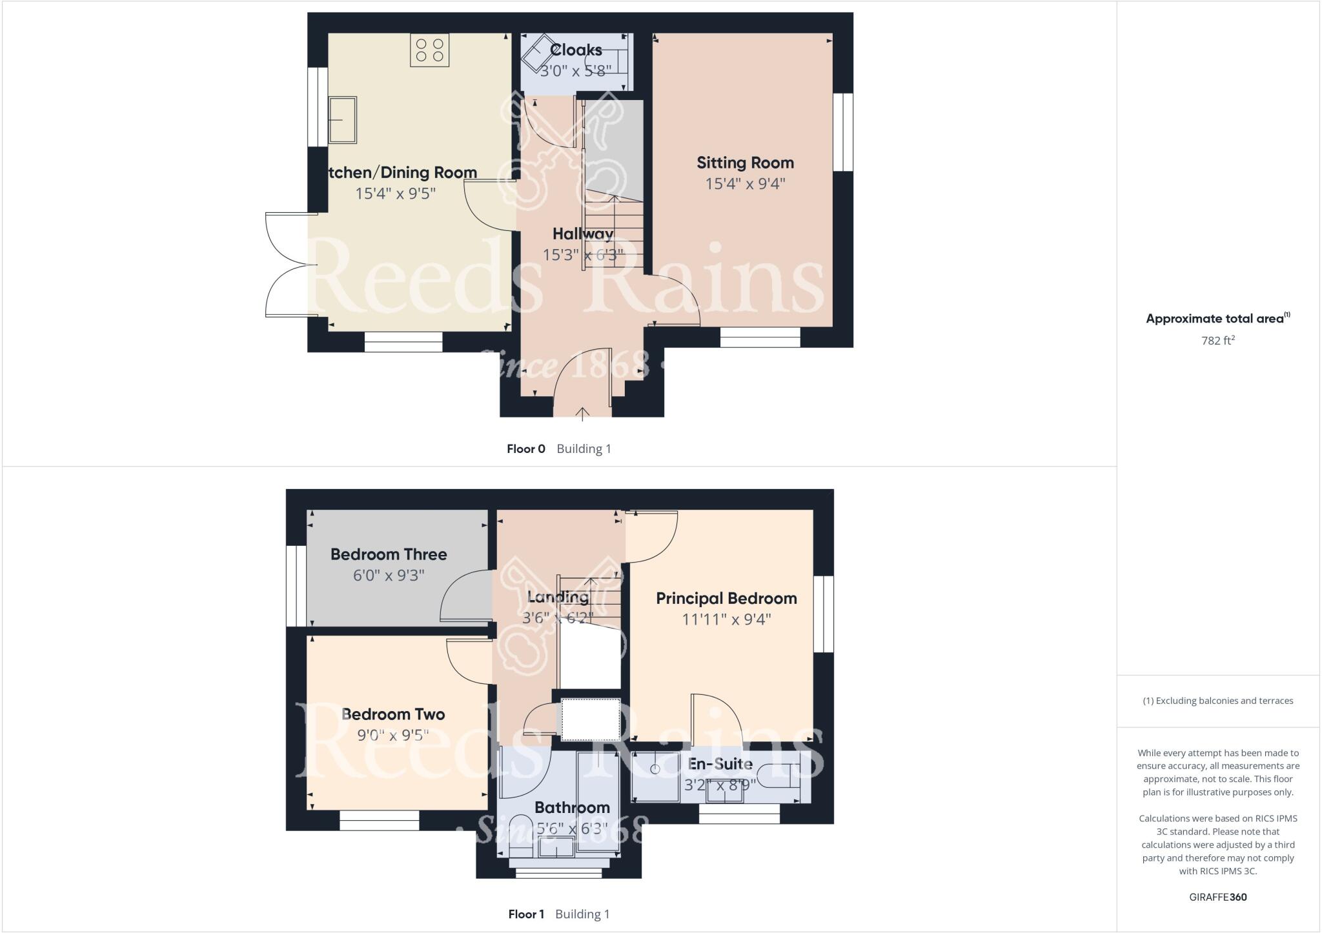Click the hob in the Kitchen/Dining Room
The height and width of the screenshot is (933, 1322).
(x=429, y=50)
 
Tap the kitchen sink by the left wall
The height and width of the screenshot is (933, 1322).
(x=342, y=120)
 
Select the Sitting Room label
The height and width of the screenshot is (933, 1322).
(x=745, y=163)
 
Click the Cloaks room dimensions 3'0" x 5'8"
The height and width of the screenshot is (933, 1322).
(x=575, y=70)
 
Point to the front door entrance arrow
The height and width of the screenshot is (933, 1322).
(x=583, y=414)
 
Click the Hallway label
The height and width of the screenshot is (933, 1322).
(x=582, y=234)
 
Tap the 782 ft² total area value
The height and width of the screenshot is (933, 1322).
(x=1217, y=340)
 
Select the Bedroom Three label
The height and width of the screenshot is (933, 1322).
(x=389, y=554)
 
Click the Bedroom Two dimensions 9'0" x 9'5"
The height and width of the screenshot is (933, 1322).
(x=393, y=735)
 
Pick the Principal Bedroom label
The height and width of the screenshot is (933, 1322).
(x=726, y=598)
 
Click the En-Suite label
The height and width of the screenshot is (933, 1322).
(x=720, y=764)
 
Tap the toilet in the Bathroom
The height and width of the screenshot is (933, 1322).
(x=520, y=832)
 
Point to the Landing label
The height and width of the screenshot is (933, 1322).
(x=558, y=597)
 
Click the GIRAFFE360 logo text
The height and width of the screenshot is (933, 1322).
(x=1217, y=897)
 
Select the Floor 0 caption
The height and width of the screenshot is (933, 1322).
(x=526, y=449)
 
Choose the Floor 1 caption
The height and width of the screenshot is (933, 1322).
(x=526, y=914)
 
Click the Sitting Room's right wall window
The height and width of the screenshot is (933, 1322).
(x=842, y=132)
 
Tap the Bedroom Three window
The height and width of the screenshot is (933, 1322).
(x=296, y=586)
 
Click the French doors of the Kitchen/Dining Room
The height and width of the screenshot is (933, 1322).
(x=290, y=265)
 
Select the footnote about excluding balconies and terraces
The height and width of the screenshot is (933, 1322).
(x=1217, y=701)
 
